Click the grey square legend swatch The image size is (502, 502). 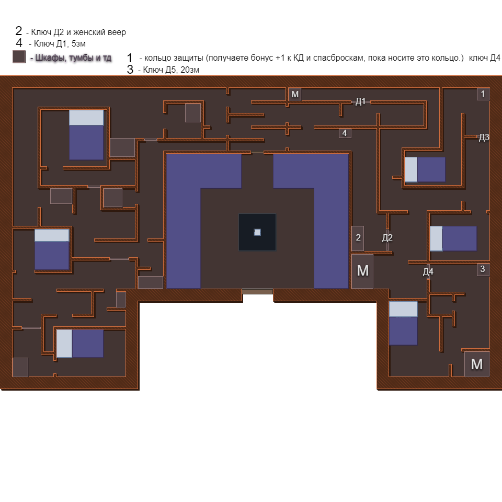tap(19, 56)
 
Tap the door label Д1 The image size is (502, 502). tap(361, 101)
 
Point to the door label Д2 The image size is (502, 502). tap(387, 238)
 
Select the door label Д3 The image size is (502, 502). tap(484, 138)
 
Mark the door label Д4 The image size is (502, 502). tap(428, 272)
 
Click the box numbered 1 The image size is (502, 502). tap(483, 94)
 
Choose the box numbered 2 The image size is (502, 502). tap(358, 238)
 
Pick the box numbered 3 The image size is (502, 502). tap(483, 269)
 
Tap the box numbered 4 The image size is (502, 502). tap(345, 133)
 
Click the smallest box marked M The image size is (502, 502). tap(295, 94)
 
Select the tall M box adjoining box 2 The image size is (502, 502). tap(362, 271)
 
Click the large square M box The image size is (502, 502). tap(477, 364)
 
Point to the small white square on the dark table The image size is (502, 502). tap(257, 232)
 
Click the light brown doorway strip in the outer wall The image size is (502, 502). tap(257, 291)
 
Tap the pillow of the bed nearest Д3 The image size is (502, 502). tap(411, 169)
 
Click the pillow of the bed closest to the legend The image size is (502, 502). tap(86, 118)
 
